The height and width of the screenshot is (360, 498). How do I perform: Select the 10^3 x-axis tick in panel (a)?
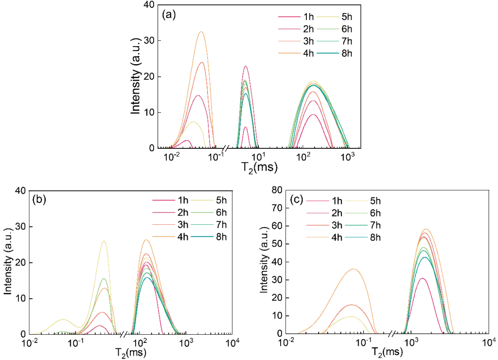click(348, 157)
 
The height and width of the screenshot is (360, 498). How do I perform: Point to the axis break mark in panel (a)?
click(226, 148)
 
